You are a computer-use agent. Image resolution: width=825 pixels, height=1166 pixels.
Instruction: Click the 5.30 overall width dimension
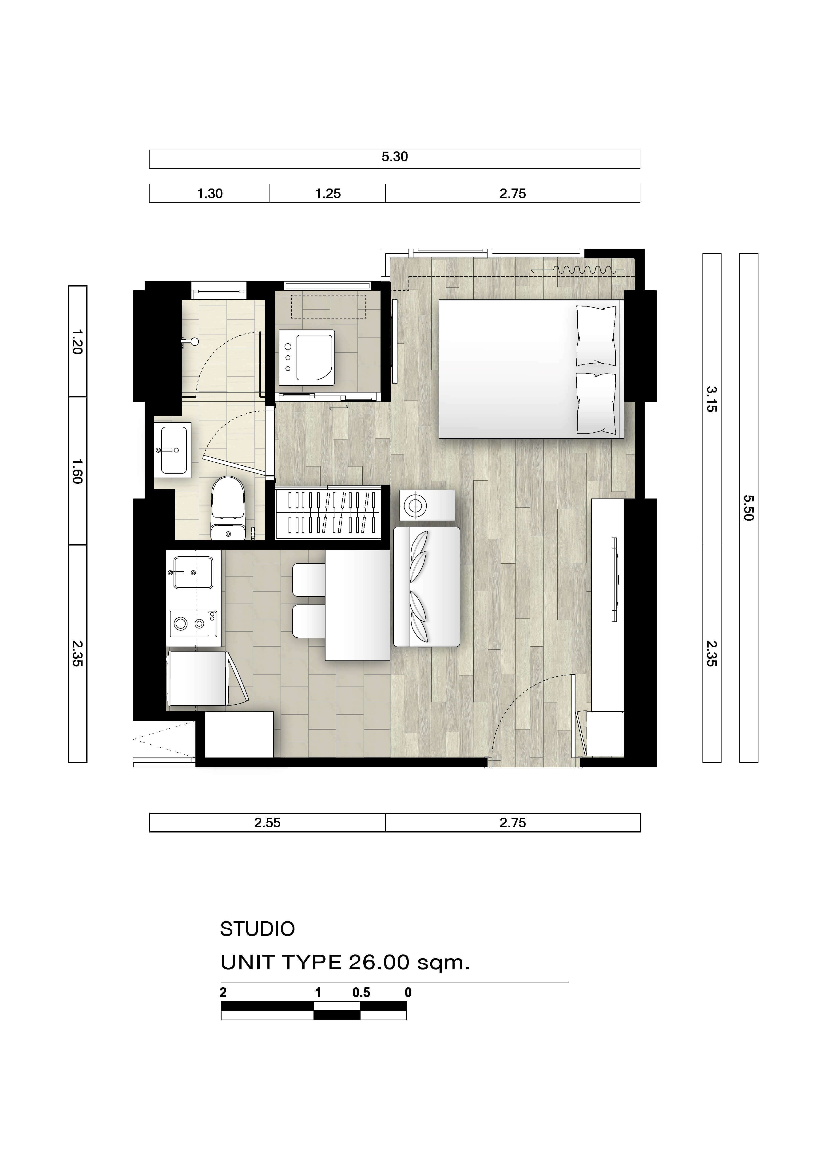tap(395, 157)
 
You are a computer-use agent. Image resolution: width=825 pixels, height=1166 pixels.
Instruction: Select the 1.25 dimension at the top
tap(328, 193)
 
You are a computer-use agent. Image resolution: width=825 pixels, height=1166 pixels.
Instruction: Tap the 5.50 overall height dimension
tap(748, 508)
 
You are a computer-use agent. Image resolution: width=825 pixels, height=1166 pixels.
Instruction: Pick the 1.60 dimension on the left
tap(77, 471)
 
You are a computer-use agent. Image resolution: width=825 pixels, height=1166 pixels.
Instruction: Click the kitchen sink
tap(193, 572)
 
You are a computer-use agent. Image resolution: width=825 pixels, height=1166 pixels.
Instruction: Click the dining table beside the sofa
tap(358, 605)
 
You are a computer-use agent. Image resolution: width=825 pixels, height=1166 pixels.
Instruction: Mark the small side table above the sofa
tap(427, 505)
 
